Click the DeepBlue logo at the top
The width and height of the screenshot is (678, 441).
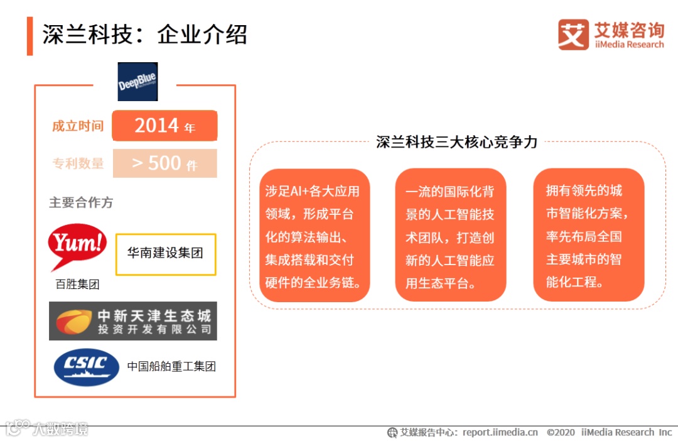coord(137,82)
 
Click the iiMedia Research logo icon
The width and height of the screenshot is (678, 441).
coord(573,35)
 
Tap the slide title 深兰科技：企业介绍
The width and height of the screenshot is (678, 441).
coord(144,35)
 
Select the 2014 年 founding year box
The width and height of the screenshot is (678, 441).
coord(164,126)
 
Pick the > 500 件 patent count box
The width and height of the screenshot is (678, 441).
coord(164,163)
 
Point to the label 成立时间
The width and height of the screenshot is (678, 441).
coord(78,126)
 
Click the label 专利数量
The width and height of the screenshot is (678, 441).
coord(78,163)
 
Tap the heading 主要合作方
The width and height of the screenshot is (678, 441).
coord(81,203)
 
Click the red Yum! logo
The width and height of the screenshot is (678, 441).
coord(77,244)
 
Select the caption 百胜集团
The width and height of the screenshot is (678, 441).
coord(77,285)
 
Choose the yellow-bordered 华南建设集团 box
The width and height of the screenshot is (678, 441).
coord(166,254)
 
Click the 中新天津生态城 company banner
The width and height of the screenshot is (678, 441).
coord(133,321)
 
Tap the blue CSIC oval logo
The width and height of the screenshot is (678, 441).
coord(86,366)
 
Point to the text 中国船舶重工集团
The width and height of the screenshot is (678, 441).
coord(171,366)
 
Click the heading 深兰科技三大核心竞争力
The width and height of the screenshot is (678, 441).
coord(456,142)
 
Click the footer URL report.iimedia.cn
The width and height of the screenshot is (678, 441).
coord(500,432)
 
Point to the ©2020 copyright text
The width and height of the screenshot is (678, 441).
coord(561,432)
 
